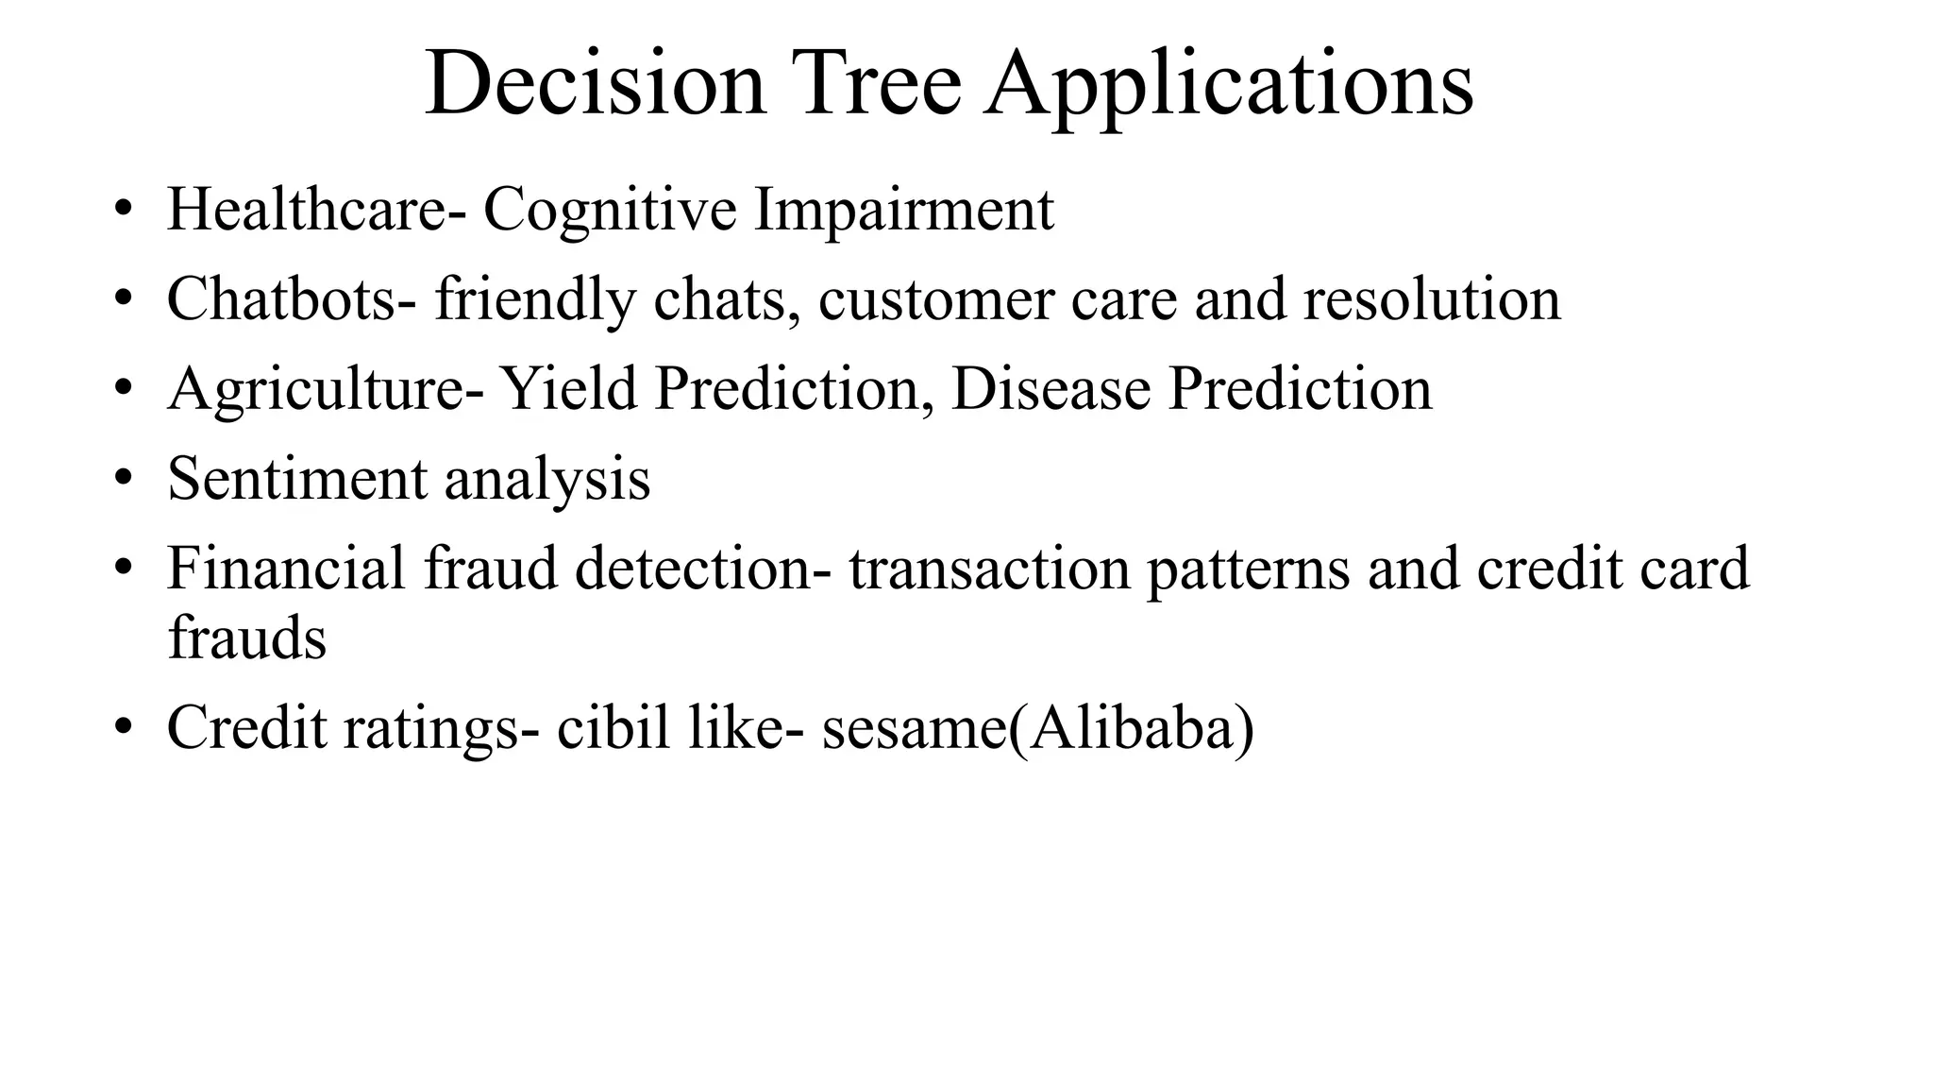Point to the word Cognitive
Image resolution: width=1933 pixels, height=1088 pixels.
coord(610,211)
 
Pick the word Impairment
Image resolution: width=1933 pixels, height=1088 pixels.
coord(903,211)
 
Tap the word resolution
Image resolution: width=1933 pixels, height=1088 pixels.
coord(1432,299)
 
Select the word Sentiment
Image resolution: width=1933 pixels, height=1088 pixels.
coord(297,478)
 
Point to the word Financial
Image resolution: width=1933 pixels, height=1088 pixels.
coord(286,568)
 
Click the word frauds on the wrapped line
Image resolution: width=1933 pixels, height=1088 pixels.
coord(247,637)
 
